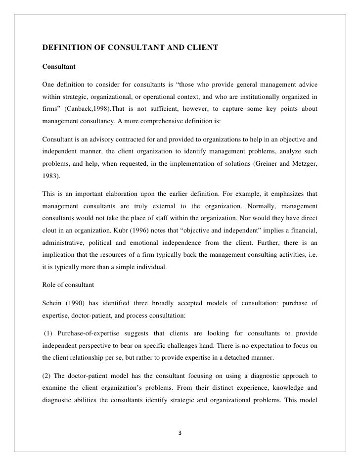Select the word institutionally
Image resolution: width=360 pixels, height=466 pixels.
(x=262, y=94)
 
